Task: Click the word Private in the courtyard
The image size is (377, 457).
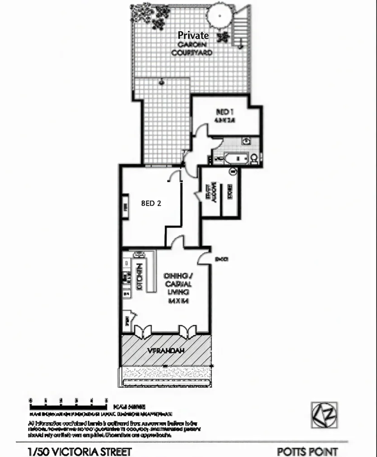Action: tap(193, 35)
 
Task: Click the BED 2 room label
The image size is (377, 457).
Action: tap(151, 203)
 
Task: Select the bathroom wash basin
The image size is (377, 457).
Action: tap(246, 141)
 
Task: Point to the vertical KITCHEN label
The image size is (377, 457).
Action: tap(140, 276)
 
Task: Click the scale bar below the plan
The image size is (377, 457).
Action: tap(68, 400)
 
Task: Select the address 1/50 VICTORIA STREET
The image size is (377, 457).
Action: tap(80, 452)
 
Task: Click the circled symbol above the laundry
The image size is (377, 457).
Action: tap(234, 171)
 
